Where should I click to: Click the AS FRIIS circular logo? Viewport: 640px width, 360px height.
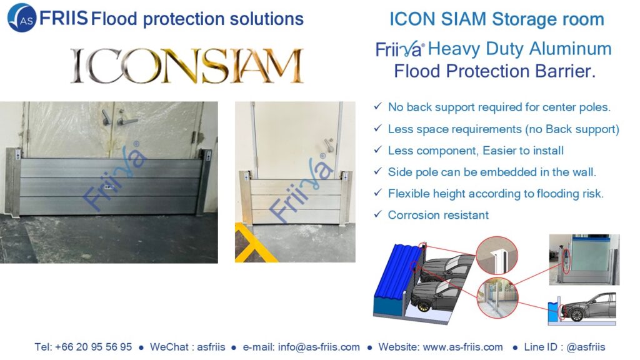pyautogui.click(x=22, y=18)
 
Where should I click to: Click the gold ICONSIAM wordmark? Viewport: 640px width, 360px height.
pyautogui.click(x=187, y=66)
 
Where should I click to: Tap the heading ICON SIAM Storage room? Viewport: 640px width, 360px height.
pyautogui.click(x=496, y=19)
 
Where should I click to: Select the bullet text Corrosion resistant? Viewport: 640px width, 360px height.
pyautogui.click(x=438, y=215)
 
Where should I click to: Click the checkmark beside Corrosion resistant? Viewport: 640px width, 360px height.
pyautogui.click(x=378, y=214)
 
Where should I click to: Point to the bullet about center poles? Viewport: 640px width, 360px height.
pyautogui.click(x=499, y=107)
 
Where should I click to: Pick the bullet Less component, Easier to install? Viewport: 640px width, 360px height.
pyautogui.click(x=476, y=151)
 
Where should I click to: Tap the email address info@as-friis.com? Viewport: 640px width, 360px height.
pyautogui.click(x=319, y=347)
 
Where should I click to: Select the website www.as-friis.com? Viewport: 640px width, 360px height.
pyautogui.click(x=463, y=347)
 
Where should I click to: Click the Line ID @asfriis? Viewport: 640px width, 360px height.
pyautogui.click(x=586, y=347)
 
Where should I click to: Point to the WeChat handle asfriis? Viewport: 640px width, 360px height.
pyautogui.click(x=211, y=347)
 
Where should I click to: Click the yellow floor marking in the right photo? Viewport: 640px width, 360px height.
pyautogui.click(x=251, y=243)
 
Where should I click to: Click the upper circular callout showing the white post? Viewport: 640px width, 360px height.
pyautogui.click(x=497, y=255)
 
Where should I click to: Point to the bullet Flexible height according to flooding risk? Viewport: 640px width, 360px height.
pyautogui.click(x=496, y=194)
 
